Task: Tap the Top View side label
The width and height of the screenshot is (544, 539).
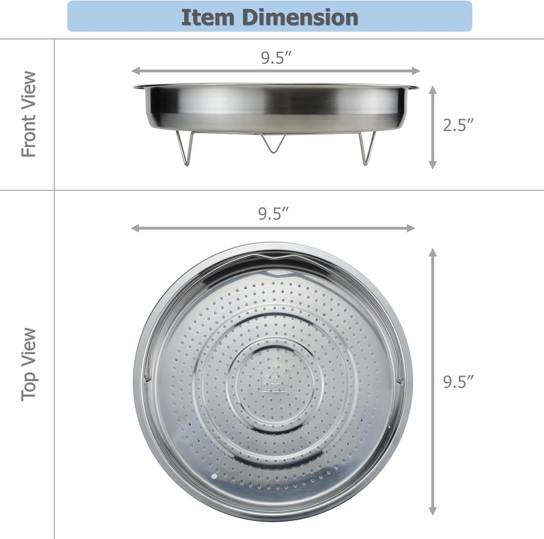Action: [x=29, y=364]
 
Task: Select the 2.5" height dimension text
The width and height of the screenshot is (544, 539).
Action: [x=458, y=125]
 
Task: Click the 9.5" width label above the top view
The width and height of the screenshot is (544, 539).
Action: [x=274, y=214]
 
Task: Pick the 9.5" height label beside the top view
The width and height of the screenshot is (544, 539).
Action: [x=458, y=382]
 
